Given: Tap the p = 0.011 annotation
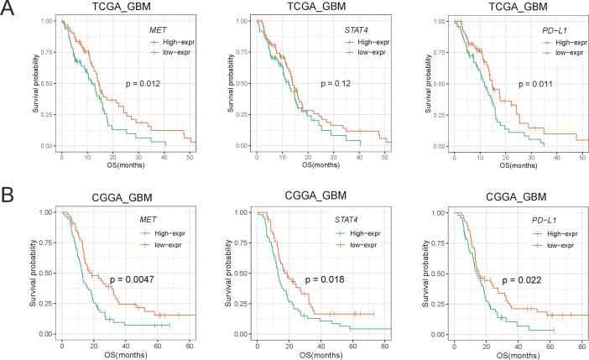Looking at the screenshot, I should [x=534, y=84].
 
